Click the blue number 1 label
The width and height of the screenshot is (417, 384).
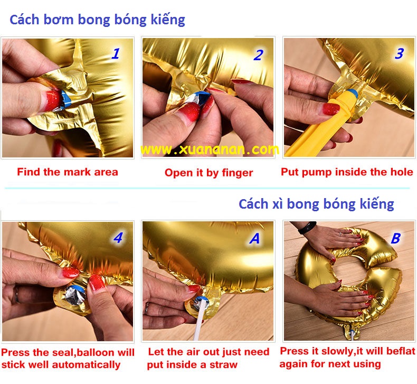pos(116,53)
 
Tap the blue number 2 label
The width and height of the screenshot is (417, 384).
pos(259,55)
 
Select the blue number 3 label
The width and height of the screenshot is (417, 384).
pos(399,53)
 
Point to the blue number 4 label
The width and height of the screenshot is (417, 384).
pos(118,238)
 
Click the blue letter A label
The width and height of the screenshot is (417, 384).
pos(254,238)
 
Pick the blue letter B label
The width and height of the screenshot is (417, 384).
pos(396,238)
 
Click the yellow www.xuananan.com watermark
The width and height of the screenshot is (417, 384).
pos(210,149)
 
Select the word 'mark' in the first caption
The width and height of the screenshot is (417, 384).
pos(77,172)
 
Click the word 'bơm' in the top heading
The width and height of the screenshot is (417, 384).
pos(59,20)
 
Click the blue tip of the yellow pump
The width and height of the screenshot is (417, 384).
pos(352,92)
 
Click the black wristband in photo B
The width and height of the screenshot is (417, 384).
pos(307,228)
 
